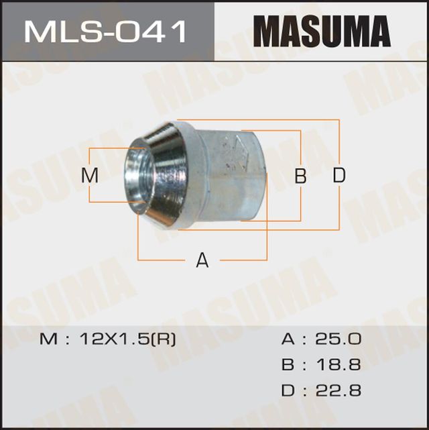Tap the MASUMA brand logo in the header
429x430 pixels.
pyautogui.click(x=322, y=32)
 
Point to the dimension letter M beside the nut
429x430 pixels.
pyautogui.click(x=90, y=176)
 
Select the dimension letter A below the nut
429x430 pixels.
pyautogui.click(x=202, y=260)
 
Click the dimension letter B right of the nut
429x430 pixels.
pyautogui.click(x=301, y=176)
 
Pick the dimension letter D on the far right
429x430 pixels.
pyautogui.click(x=339, y=176)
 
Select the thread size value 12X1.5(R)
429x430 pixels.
pyautogui.click(x=128, y=339)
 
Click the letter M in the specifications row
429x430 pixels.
pyautogui.click(x=50, y=339)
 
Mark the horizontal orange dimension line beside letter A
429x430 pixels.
pyautogui.click(x=168, y=259)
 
